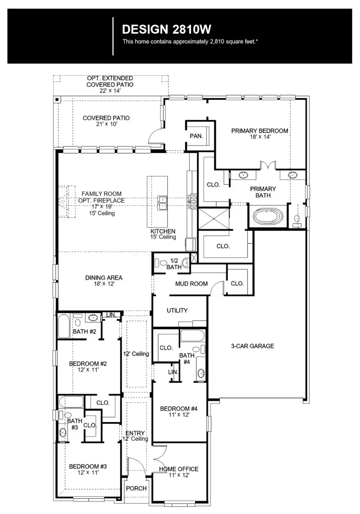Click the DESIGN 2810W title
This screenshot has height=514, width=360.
pyautogui.click(x=166, y=29)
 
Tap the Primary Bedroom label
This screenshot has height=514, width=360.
pyautogui.click(x=259, y=131)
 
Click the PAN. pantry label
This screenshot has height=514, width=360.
pyautogui.click(x=196, y=136)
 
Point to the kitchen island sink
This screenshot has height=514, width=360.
pyautogui.click(x=162, y=203)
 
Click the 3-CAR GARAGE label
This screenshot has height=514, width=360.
pyautogui.click(x=252, y=346)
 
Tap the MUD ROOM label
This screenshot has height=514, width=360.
pyautogui.click(x=191, y=283)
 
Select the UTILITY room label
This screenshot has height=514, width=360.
pyautogui.click(x=177, y=311)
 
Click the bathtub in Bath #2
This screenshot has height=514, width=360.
pyautogui.click(x=64, y=325)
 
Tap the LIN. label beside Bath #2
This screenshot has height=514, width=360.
pyautogui.click(x=111, y=315)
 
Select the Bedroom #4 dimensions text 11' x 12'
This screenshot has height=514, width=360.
pyautogui.click(x=179, y=415)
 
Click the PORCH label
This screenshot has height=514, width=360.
pyautogui.click(x=136, y=488)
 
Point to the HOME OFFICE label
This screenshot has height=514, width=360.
pyautogui.click(x=178, y=469)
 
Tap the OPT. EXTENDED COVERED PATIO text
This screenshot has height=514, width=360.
pyautogui.click(x=110, y=81)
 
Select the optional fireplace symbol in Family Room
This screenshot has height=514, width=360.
pyautogui.click(x=64, y=203)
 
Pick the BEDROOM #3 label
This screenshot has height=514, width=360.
pyautogui.click(x=88, y=466)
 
